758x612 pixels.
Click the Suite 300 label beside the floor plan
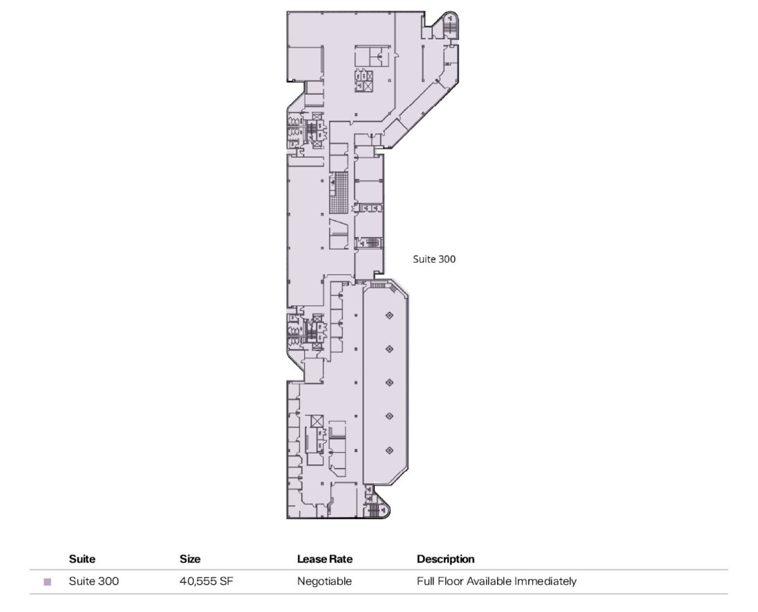pyautogui.click(x=434, y=259)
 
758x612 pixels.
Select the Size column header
pyautogui.click(x=190, y=559)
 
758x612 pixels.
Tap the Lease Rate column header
pyautogui.click(x=324, y=559)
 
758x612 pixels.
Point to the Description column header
pyautogui.click(x=445, y=559)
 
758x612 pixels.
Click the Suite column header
pyautogui.click(x=82, y=559)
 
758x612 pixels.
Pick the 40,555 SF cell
pyautogui.click(x=206, y=581)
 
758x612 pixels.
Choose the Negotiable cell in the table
pyautogui.click(x=324, y=581)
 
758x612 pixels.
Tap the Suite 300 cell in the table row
pyautogui.click(x=93, y=581)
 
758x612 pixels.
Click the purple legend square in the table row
pyautogui.click(x=48, y=582)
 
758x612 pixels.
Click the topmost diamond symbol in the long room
pyautogui.click(x=389, y=315)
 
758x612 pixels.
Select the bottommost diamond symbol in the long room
pyautogui.click(x=389, y=450)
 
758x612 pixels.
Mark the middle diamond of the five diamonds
pyautogui.click(x=389, y=383)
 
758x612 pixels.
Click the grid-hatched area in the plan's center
pyautogui.click(x=339, y=192)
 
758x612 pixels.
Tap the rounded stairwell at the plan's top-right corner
pyautogui.click(x=450, y=25)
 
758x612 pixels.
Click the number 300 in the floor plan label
pyautogui.click(x=446, y=259)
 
